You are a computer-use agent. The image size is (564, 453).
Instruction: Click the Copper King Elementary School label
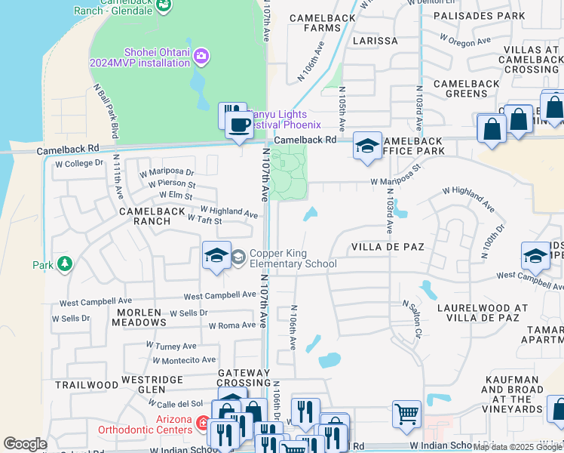tap(293, 259)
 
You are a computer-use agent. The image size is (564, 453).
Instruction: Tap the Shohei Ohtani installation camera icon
tap(201, 56)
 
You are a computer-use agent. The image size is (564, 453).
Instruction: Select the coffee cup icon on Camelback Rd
tap(239, 125)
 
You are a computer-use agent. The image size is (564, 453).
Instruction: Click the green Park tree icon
tap(65, 264)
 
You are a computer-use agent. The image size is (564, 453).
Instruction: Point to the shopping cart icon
tap(406, 413)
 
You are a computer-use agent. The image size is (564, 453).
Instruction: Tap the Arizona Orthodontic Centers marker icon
tap(201, 424)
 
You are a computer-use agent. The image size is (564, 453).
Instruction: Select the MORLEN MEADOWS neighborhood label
tap(139, 317)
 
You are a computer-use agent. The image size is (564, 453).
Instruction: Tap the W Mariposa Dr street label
tap(167, 173)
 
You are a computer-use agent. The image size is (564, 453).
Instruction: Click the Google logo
tap(25, 444)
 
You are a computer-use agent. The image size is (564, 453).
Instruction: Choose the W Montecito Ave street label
tap(184, 361)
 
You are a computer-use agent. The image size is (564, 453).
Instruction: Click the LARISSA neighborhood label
tap(372, 41)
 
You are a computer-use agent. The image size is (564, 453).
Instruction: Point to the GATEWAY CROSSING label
tap(244, 378)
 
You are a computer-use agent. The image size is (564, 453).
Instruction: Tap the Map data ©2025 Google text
tap(517, 447)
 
